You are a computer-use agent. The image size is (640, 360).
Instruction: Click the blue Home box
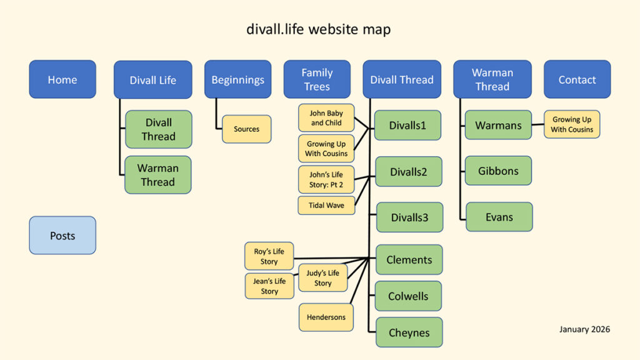[62, 79]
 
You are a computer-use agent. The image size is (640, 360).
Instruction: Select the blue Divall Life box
[152, 80]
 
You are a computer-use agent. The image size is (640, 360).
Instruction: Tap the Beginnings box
[237, 79]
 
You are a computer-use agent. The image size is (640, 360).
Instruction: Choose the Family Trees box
[317, 79]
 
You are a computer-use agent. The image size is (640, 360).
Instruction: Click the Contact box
[577, 79]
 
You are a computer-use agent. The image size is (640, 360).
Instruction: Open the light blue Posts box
[62, 236]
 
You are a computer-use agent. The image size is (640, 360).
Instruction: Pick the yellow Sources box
[246, 129]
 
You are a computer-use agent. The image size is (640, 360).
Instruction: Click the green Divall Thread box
[158, 129]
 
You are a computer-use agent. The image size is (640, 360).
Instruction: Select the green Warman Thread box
[158, 175]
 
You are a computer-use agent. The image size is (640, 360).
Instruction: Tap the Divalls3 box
[409, 217]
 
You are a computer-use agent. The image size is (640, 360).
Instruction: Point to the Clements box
[409, 259]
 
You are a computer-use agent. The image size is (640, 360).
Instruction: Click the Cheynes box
[409, 332]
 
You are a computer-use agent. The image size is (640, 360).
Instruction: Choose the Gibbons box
[498, 171]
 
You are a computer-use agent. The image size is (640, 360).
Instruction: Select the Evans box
[499, 217]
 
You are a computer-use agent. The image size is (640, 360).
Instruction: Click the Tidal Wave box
[326, 205]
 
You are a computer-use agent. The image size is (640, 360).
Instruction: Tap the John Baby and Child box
[326, 118]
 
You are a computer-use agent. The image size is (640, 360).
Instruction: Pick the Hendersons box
[326, 317]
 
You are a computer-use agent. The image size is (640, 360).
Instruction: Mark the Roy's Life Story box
[269, 257]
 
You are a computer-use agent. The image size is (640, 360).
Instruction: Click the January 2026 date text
[584, 329]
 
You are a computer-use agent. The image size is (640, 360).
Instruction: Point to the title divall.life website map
[319, 29]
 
